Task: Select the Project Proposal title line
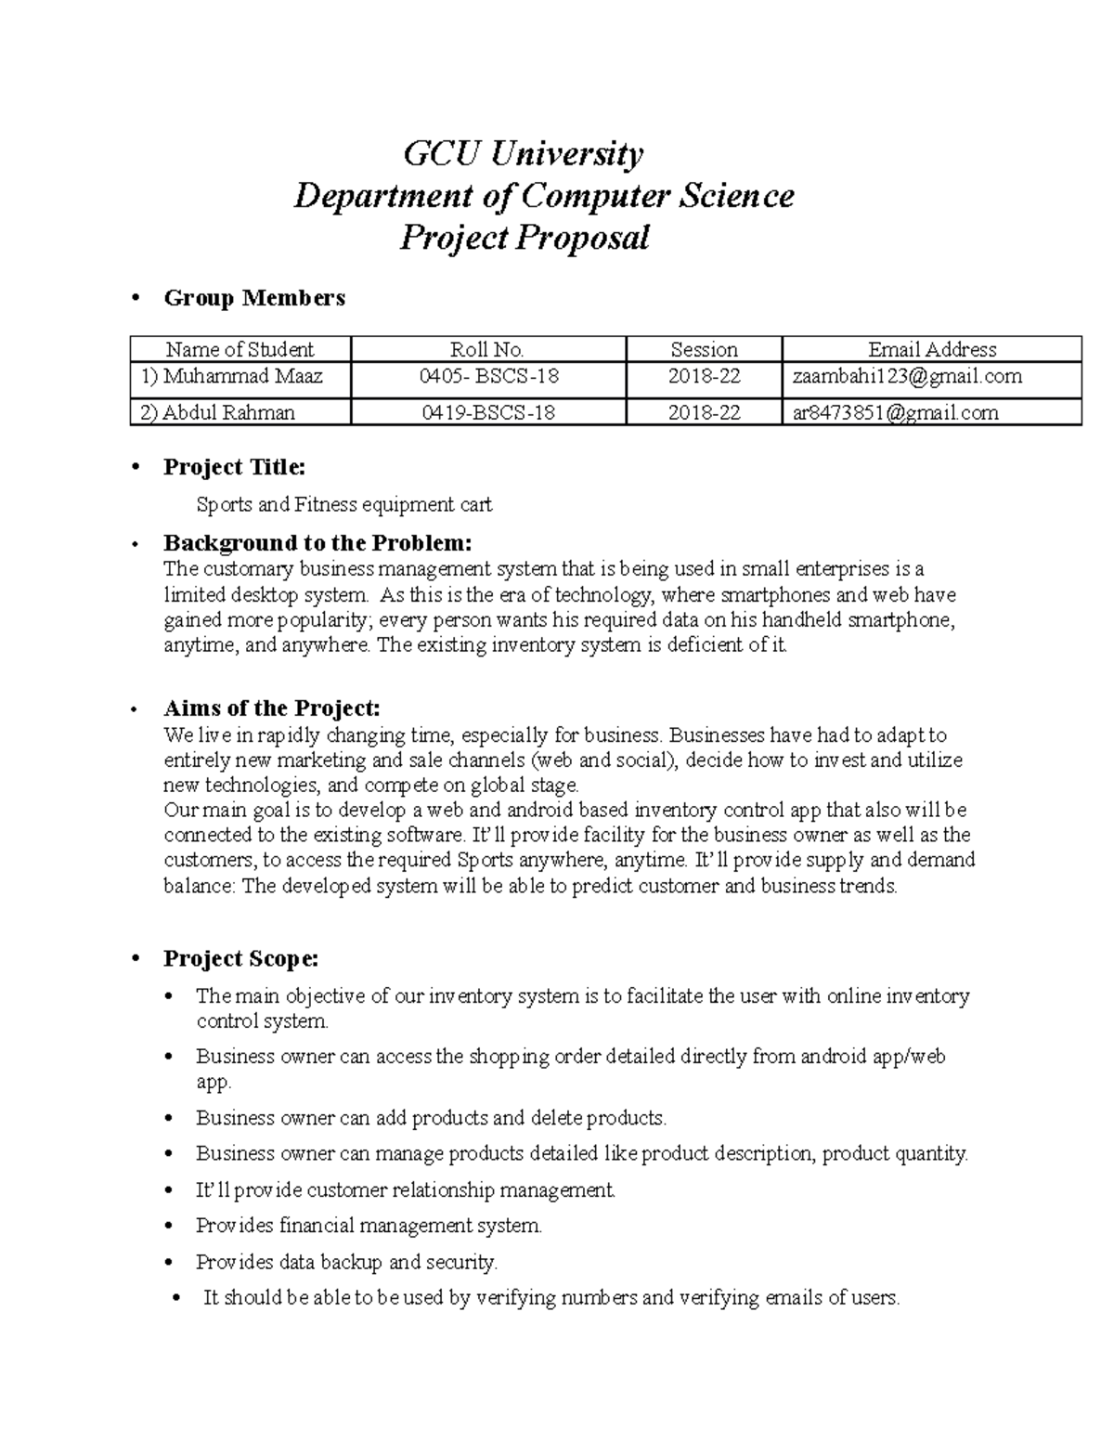[x=524, y=238]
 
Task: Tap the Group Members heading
[x=254, y=298]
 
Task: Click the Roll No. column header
[x=487, y=349]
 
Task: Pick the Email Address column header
[x=931, y=349]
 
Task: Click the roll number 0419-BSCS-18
[x=487, y=412]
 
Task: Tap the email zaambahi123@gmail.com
[x=907, y=376]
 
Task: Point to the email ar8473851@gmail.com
[x=895, y=412]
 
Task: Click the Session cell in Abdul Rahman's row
[x=704, y=412]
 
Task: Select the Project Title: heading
[x=234, y=467]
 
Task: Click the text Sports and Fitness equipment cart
[x=343, y=505]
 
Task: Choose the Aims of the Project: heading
[x=272, y=708]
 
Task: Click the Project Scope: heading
[x=241, y=958]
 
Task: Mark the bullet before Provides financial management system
[x=168, y=1227]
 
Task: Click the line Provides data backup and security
[x=346, y=1262]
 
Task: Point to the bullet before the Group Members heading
[x=136, y=298]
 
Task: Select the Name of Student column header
[x=240, y=349]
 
